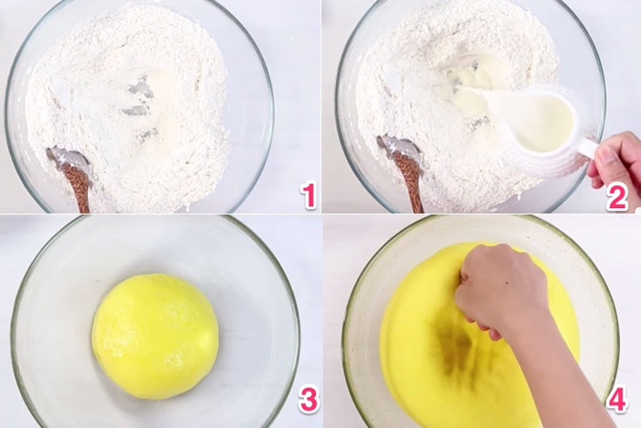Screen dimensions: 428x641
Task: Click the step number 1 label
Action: (309, 195)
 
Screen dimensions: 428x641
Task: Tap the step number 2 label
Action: (617, 196)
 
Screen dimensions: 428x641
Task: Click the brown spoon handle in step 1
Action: (79, 188)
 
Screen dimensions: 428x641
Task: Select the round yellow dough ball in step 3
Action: (156, 335)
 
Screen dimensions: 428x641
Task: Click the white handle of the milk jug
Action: (587, 147)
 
